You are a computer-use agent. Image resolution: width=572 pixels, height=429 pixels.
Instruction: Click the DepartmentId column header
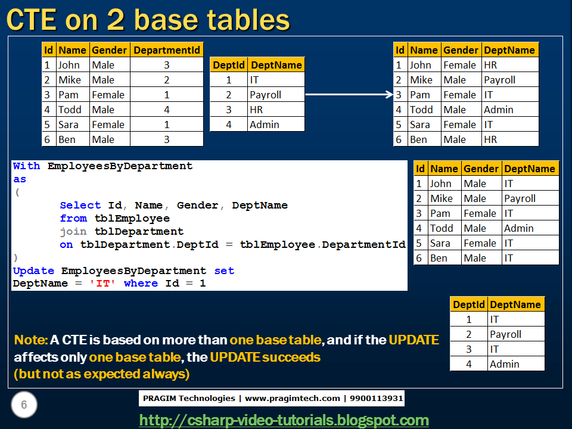(x=167, y=50)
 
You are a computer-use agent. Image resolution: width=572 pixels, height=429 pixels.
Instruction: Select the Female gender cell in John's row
(x=459, y=65)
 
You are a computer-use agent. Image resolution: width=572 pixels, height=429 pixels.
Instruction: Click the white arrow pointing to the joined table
(x=349, y=95)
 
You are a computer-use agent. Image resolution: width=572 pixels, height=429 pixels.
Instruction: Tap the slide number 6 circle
(x=24, y=405)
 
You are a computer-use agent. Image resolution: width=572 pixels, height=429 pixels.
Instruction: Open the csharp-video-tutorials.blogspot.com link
(x=284, y=420)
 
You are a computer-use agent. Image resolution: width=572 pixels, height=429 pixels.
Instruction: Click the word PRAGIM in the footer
(x=160, y=399)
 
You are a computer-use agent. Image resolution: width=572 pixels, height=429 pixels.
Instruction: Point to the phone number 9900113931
(x=376, y=399)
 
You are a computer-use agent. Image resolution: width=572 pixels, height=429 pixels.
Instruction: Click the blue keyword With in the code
(x=26, y=166)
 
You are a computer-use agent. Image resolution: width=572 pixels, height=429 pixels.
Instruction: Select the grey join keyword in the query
(x=73, y=232)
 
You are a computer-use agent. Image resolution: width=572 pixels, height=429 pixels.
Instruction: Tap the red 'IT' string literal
(x=102, y=284)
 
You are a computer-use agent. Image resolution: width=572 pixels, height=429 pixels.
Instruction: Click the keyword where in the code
(x=141, y=284)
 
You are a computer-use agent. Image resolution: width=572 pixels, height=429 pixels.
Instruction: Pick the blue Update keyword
(x=33, y=271)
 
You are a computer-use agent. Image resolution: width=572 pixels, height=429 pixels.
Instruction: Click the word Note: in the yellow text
(x=30, y=340)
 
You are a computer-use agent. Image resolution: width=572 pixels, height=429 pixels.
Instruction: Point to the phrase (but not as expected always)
(x=102, y=374)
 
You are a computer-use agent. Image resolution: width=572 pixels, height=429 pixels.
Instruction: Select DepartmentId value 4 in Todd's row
(x=167, y=110)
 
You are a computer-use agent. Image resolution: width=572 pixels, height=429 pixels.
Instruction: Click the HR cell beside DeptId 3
(x=256, y=110)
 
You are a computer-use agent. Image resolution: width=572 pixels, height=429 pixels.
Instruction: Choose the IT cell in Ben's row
(x=508, y=258)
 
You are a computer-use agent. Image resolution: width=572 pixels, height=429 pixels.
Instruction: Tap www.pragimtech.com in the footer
(x=292, y=399)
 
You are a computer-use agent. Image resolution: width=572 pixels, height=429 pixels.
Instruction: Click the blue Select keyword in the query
(x=80, y=206)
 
